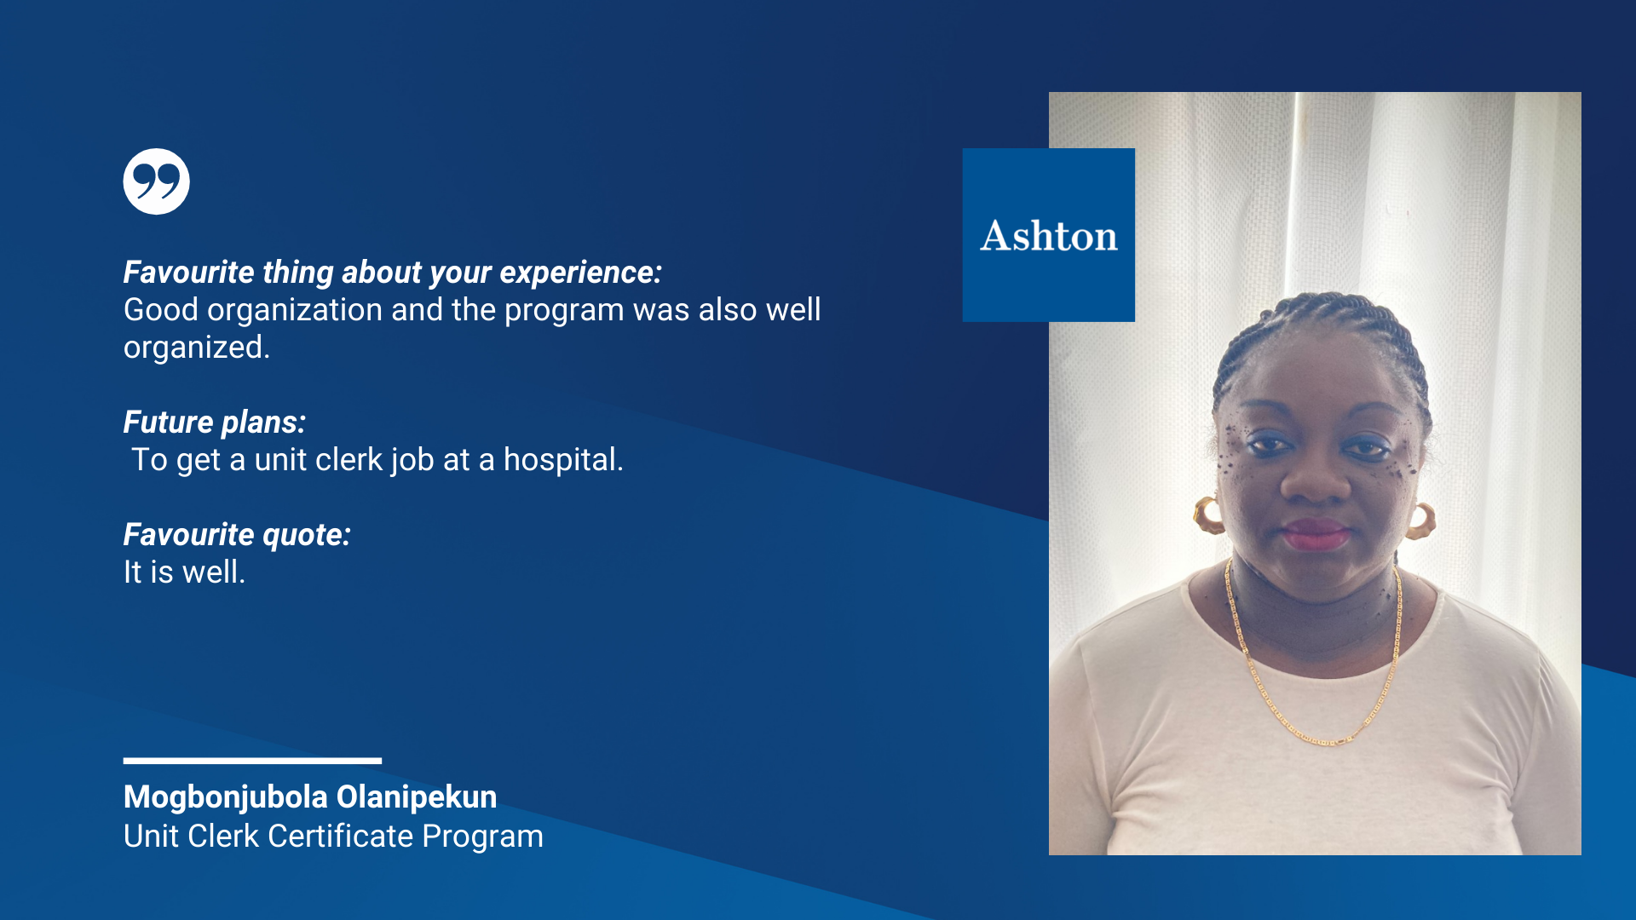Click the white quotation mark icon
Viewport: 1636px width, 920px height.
point(156,181)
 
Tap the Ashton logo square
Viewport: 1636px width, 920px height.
point(1048,235)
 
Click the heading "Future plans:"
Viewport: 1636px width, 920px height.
point(215,423)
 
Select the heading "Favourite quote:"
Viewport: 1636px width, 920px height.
point(237,535)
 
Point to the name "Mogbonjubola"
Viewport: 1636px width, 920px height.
point(226,798)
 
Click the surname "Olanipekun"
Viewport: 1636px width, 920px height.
point(417,797)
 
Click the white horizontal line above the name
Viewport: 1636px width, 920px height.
point(252,761)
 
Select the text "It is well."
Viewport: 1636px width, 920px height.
point(184,572)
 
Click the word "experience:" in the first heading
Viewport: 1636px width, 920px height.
point(580,273)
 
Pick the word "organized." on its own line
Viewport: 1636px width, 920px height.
point(197,348)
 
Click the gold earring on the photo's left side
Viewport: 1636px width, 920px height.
point(1207,515)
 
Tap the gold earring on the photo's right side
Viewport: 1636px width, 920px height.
point(1421,520)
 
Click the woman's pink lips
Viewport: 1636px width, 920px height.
point(1316,536)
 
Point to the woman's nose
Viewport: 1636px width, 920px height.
point(1315,477)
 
